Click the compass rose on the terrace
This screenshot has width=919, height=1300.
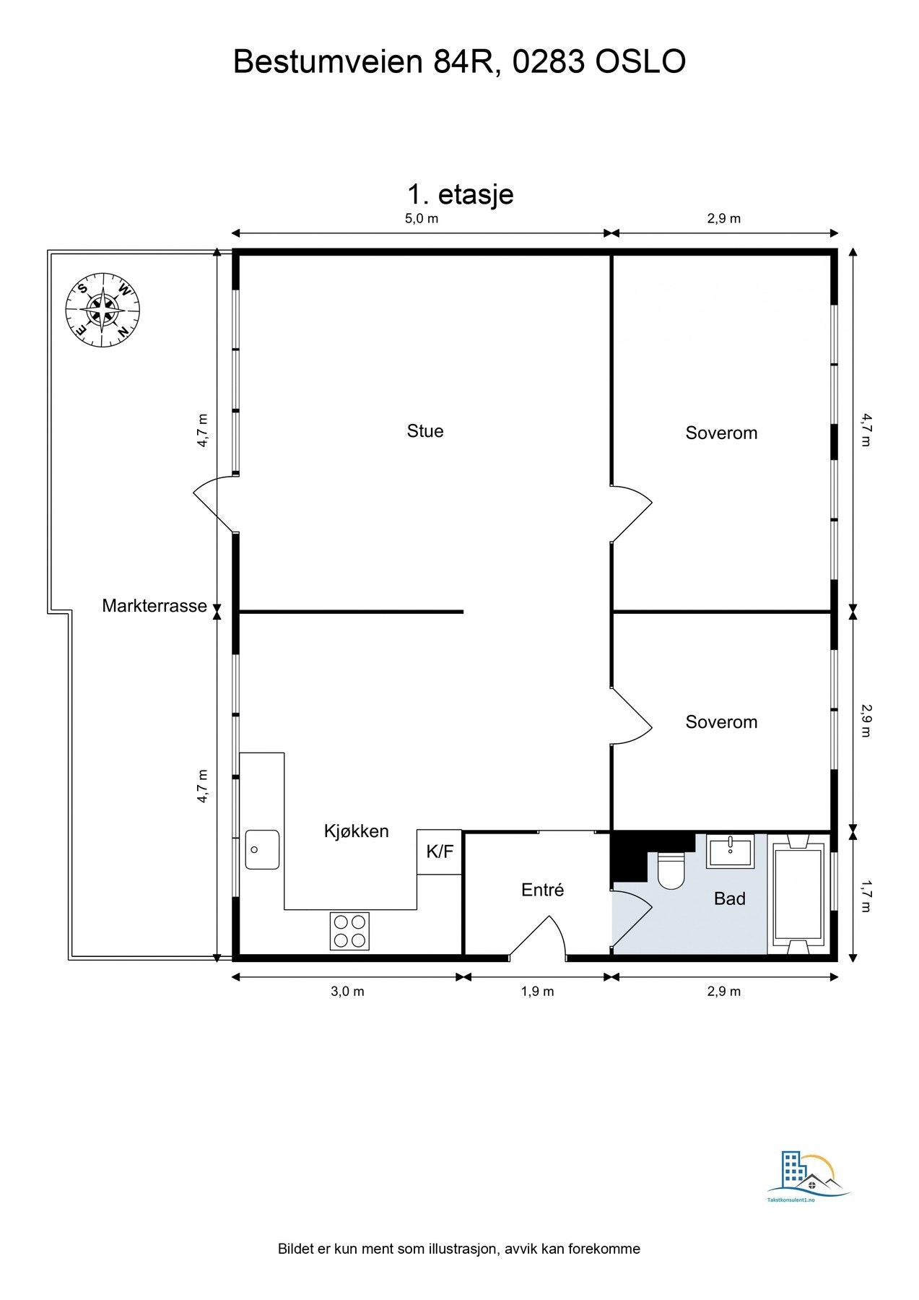click(x=103, y=310)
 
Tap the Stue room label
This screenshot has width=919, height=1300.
click(x=425, y=431)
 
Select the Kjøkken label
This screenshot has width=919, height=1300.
click(x=356, y=831)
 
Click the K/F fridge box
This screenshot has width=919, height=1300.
click(x=439, y=851)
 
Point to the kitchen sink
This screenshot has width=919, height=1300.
click(x=262, y=849)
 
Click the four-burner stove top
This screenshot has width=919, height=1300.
click(x=349, y=931)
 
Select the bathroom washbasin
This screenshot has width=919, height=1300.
click(x=730, y=851)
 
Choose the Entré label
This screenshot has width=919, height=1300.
click(x=542, y=890)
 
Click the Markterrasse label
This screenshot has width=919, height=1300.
click(x=154, y=606)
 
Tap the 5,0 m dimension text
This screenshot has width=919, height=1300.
click(x=421, y=218)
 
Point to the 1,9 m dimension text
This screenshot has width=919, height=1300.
click(x=537, y=991)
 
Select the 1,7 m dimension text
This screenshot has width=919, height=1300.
click(x=866, y=896)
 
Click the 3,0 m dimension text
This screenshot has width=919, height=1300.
click(x=347, y=991)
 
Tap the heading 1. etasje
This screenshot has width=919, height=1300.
click(x=461, y=194)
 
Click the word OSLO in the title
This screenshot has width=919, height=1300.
click(x=640, y=62)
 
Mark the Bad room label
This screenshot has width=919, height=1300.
click(x=729, y=898)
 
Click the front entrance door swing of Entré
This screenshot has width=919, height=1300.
click(x=538, y=937)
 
